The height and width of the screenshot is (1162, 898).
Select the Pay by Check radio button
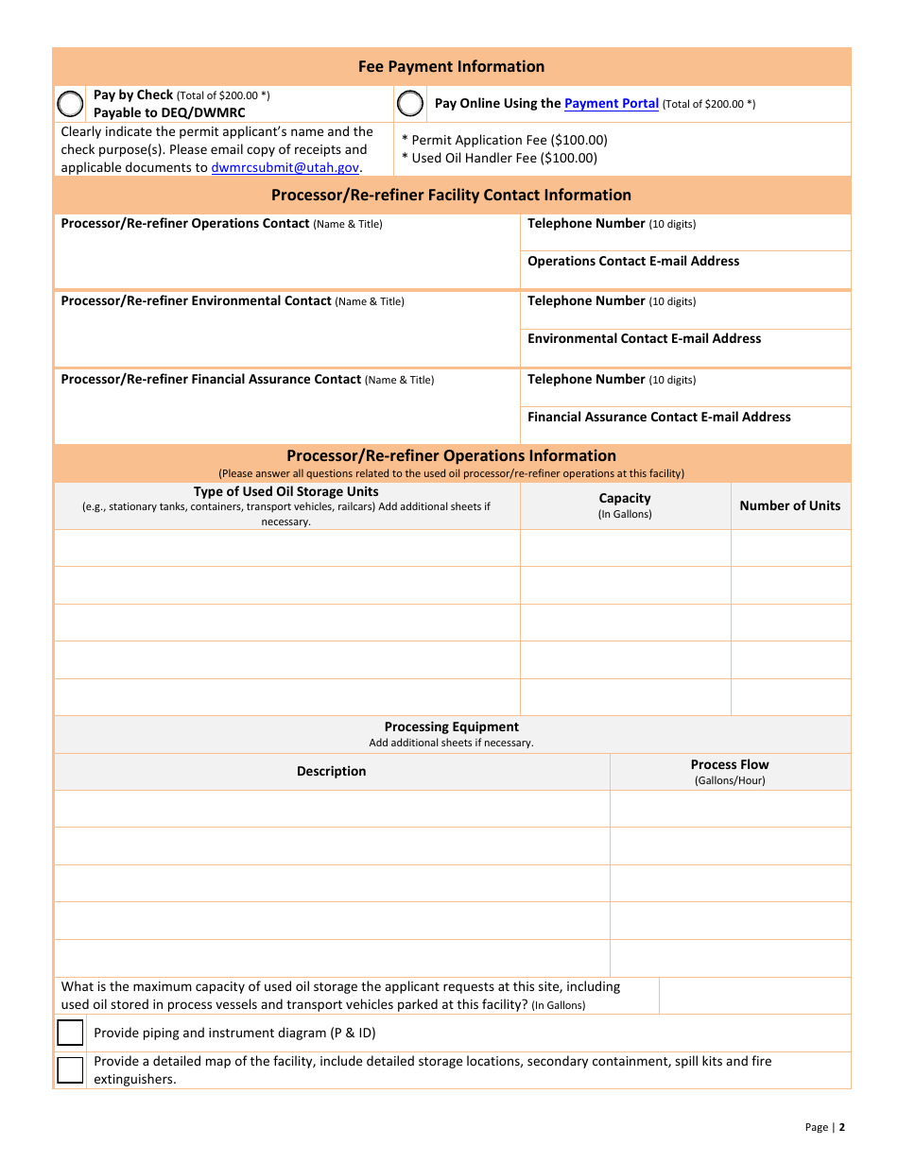71,103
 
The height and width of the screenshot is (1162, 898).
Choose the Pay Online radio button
410,103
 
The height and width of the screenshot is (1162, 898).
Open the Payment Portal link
611,104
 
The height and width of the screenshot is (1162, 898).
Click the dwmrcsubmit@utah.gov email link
285,167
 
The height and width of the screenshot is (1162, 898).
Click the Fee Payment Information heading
451,67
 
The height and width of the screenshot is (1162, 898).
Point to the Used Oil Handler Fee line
499,158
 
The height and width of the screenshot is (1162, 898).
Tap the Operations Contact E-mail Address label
633,261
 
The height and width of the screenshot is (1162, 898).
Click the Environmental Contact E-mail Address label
644,338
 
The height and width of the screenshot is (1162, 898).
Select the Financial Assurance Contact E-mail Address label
659,417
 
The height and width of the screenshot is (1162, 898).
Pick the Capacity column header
625,499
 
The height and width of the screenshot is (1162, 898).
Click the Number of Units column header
789,505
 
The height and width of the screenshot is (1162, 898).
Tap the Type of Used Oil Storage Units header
285,492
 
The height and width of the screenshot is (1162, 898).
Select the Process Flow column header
730,765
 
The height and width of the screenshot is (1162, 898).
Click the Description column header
331,772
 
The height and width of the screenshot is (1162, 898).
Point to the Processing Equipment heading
451,727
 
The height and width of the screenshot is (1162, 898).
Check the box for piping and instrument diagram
70,1033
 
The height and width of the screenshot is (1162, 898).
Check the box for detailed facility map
70,1070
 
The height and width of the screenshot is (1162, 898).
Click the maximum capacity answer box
754,996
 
